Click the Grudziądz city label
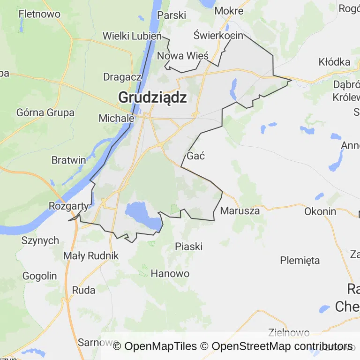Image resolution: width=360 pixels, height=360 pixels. tap(152, 97)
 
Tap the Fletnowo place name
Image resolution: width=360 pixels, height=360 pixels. tap(39, 14)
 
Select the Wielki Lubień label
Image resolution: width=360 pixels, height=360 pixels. tap(132, 36)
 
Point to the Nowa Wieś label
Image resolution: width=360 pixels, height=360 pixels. tap(183, 55)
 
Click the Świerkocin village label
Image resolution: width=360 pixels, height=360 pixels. tap(218, 36)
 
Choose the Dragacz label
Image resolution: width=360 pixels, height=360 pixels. tap(122, 77)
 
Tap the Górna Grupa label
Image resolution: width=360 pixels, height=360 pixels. tap(45, 112)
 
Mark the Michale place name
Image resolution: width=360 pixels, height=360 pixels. tap(117, 119)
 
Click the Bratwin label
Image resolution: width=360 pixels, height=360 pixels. tap(68, 160)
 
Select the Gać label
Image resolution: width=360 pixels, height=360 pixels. tap(196, 156)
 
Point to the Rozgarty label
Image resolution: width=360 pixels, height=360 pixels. tap(68, 206)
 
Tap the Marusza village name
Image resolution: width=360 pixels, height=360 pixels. tap(240, 211)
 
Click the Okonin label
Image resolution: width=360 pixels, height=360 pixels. tap(320, 211)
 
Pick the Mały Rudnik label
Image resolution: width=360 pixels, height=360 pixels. tap(91, 256)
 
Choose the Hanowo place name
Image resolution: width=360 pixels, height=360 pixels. tap(170, 273)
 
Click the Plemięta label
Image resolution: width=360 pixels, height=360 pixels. tap(300, 260)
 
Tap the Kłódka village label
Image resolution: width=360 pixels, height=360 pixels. tap(334, 62)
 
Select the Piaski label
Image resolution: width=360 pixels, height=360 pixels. tap(188, 246)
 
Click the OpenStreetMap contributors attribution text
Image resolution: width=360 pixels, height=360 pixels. tap(282, 346)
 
